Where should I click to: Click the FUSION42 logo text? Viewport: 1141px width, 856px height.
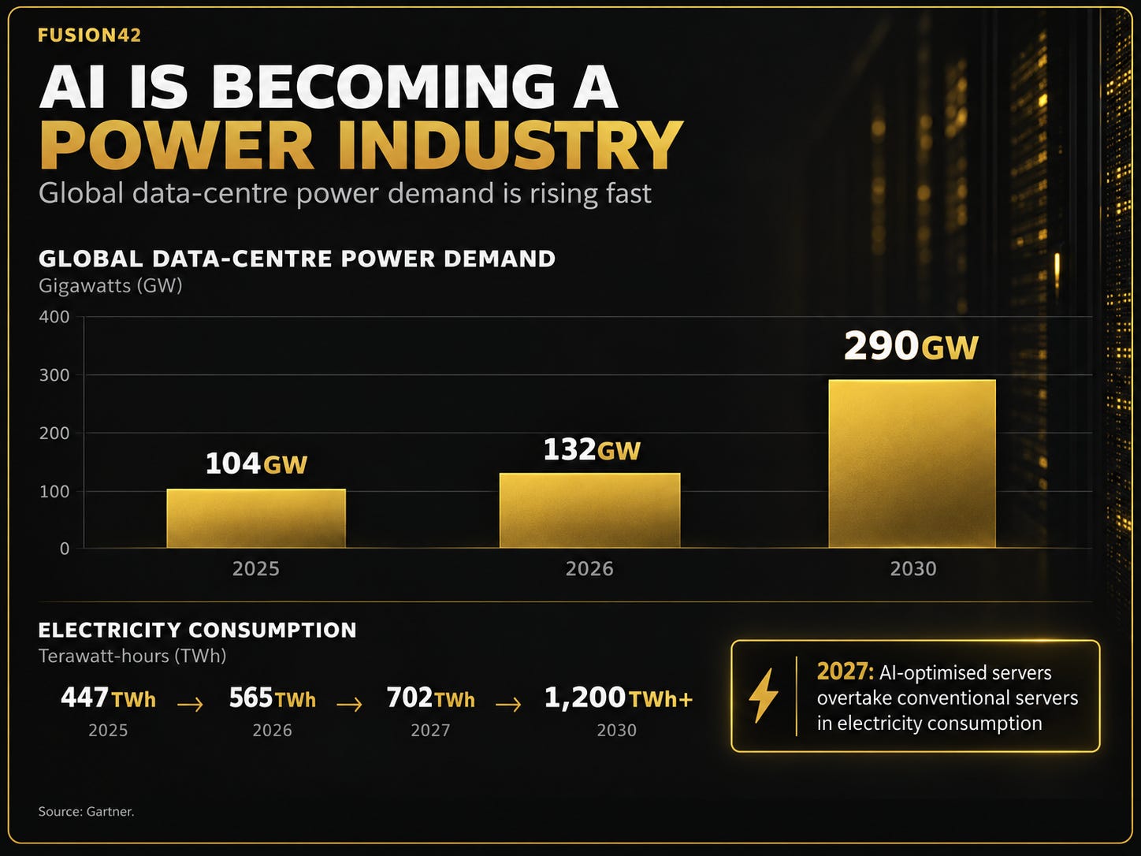click(89, 35)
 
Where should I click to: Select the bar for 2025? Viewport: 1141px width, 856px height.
click(256, 518)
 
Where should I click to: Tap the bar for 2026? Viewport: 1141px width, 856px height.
click(590, 511)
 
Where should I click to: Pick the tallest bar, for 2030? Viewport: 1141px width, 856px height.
click(912, 463)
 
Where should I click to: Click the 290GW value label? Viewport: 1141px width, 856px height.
click(911, 346)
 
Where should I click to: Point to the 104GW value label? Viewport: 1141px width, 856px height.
click(256, 463)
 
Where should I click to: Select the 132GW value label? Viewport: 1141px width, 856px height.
click(592, 450)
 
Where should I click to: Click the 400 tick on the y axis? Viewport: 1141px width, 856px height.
click(54, 317)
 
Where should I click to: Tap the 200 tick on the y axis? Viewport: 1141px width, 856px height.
click(54, 433)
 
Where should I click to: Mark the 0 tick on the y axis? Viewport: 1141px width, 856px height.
click(65, 549)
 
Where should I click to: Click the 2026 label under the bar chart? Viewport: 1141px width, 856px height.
click(589, 569)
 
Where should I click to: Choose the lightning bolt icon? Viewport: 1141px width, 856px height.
click(763, 695)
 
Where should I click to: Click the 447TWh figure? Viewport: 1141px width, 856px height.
click(108, 698)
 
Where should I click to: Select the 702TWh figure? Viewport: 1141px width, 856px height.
click(430, 698)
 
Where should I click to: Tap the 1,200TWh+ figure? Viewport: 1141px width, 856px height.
click(618, 698)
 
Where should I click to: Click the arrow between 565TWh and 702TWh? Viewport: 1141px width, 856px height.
click(349, 705)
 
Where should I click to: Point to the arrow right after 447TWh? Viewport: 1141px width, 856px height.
click(190, 705)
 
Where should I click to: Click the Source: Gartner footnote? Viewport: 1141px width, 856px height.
click(87, 811)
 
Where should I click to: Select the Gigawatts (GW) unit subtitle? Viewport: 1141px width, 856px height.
click(110, 286)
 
